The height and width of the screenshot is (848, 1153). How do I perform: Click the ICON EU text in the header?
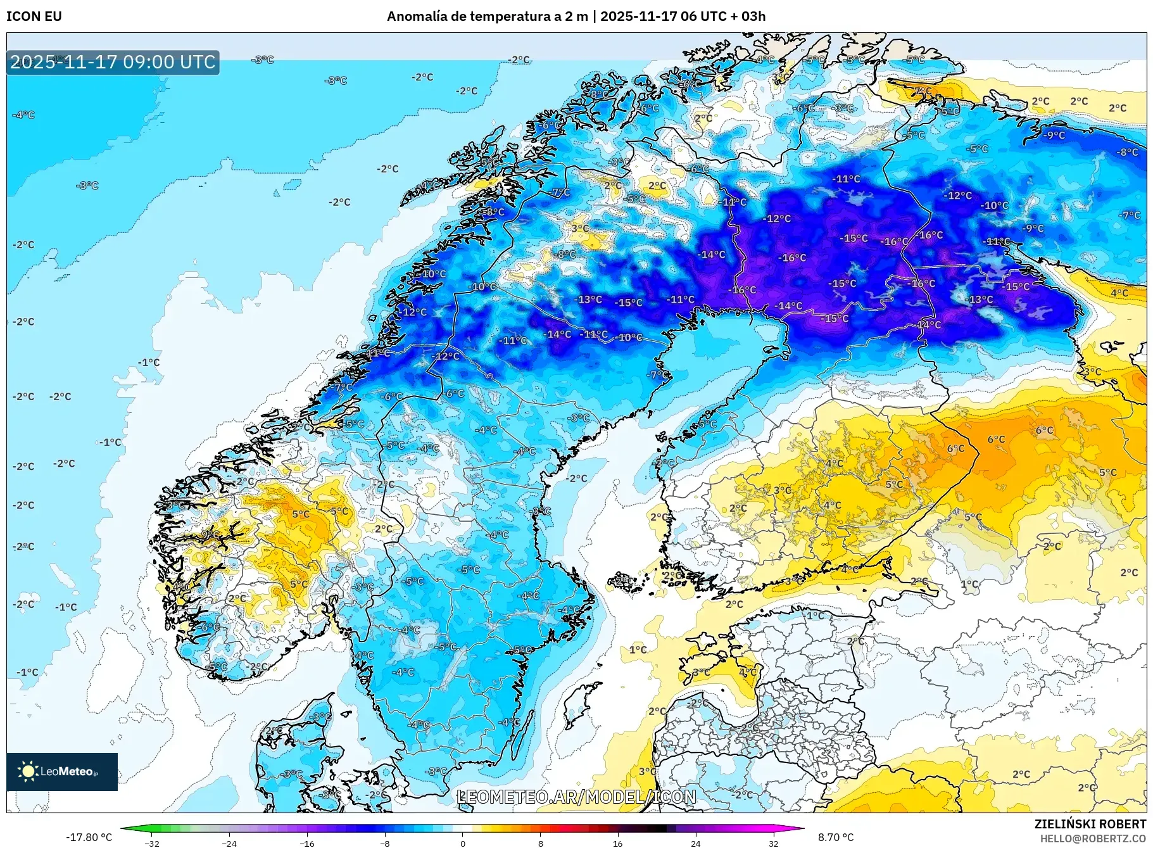pyautogui.click(x=34, y=16)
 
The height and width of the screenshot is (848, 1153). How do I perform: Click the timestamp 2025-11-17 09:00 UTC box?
pyautogui.click(x=113, y=62)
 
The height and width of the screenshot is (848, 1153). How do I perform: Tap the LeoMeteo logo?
pyautogui.click(x=61, y=771)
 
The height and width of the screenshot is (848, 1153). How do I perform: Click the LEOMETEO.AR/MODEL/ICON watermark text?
pyautogui.click(x=576, y=797)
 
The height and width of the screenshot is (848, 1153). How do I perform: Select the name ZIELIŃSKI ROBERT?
pyautogui.click(x=1090, y=824)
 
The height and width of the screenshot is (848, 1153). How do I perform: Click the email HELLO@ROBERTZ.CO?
pyautogui.click(x=1093, y=839)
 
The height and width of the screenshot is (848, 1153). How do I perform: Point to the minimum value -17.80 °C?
pyautogui.click(x=89, y=837)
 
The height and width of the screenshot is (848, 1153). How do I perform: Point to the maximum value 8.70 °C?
pyautogui.click(x=836, y=837)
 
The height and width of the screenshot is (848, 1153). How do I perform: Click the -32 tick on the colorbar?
pyautogui.click(x=152, y=843)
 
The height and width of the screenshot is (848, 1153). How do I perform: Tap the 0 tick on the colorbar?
pyautogui.click(x=463, y=843)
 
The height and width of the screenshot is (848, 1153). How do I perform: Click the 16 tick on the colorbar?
pyautogui.click(x=618, y=843)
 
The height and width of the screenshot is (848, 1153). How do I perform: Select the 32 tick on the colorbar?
pyautogui.click(x=773, y=843)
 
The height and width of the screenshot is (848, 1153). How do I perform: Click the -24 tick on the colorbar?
pyautogui.click(x=229, y=843)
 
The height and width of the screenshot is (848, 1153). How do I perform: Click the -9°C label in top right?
pyautogui.click(x=1055, y=136)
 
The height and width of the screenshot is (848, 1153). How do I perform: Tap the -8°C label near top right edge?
pyautogui.click(x=1128, y=153)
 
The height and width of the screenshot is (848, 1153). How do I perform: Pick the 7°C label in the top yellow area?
pyautogui.click(x=923, y=92)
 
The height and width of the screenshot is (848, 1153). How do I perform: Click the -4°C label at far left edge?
pyautogui.click(x=24, y=115)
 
